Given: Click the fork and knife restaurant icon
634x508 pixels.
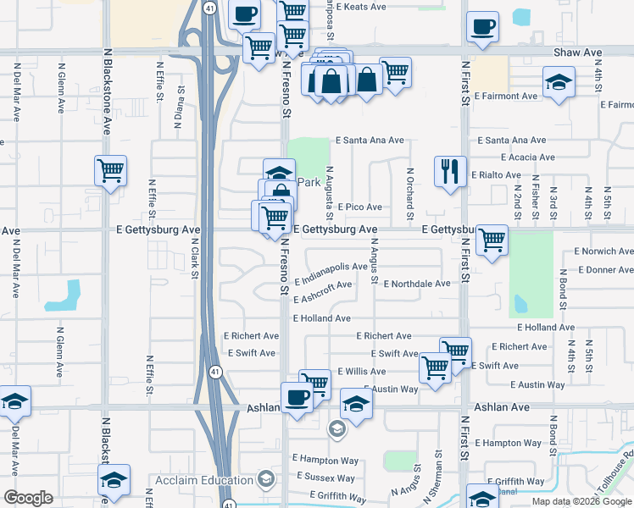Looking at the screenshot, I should pyautogui.click(x=450, y=171).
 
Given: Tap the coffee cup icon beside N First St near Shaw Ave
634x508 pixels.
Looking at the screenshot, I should pyautogui.click(x=482, y=27).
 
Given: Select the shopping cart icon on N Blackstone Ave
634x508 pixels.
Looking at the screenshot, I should pyautogui.click(x=110, y=171).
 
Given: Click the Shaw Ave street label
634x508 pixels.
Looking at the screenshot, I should pyautogui.click(x=577, y=52).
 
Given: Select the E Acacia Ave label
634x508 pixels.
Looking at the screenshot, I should pyautogui.click(x=527, y=157).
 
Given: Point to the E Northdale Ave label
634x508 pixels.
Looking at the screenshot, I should pyautogui.click(x=417, y=284).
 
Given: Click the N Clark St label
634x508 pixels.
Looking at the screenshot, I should pyautogui.click(x=194, y=257).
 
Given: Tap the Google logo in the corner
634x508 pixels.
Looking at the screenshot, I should pyautogui.click(x=28, y=499).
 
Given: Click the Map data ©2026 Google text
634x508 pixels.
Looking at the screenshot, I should pyautogui.click(x=582, y=501).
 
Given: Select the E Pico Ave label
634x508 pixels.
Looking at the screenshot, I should pyautogui.click(x=359, y=207).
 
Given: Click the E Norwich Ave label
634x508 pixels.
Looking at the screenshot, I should pyautogui.click(x=603, y=251).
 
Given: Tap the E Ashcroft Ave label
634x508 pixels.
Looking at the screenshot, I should pyautogui.click(x=323, y=292).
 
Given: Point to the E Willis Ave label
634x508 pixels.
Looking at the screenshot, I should pyautogui.click(x=361, y=372).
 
